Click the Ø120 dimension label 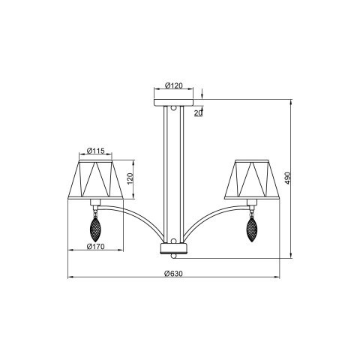pyautogui.click(x=173, y=85)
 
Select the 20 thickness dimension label pyautogui.click(x=198, y=112)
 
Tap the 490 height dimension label pyautogui.click(x=297, y=178)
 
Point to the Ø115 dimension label pyautogui.click(x=94, y=151)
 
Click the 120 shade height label pyautogui.click(x=129, y=179)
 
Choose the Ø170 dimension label pyautogui.click(x=94, y=246)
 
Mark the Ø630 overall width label pyautogui.click(x=174, y=274)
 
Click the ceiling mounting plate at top pyautogui.click(x=174, y=99)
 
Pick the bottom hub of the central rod pyautogui.click(x=174, y=249)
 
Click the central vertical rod pyautogui.click(x=174, y=172)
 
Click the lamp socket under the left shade pyautogui.click(x=95, y=202)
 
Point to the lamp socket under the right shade pyautogui.click(x=252, y=202)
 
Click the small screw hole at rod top pyautogui.click(x=174, y=109)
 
